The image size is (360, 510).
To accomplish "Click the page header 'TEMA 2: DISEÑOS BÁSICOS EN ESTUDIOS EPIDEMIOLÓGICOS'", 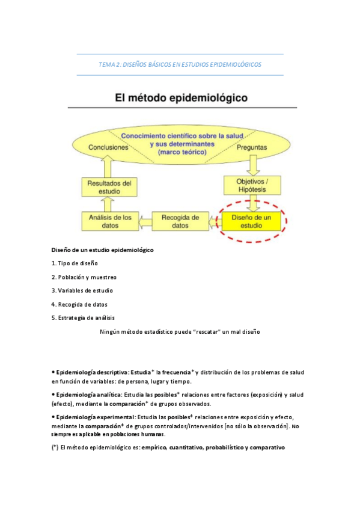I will pos(180,64).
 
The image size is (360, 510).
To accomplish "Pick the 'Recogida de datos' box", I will pos(180,221).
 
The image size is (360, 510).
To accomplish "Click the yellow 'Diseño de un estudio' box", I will pos(251,221).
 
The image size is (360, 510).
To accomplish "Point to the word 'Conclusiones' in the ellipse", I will pos(108,147).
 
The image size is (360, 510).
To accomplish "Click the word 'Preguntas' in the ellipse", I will pos(253,147).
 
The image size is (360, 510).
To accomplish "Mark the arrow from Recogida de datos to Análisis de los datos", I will pos(144,221).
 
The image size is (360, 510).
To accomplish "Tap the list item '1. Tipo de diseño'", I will pos(75,263).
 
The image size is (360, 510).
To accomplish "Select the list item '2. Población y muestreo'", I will pos(84,277).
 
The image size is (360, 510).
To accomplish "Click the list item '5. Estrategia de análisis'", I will pos(84,318).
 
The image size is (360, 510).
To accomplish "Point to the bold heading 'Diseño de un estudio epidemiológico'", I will pos(102,250).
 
